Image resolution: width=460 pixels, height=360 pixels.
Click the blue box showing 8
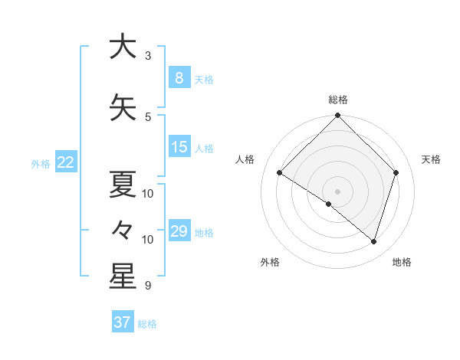pos(179,78)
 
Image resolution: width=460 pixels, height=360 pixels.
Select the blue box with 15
pos(179,147)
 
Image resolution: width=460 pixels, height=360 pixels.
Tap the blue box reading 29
pos(179,231)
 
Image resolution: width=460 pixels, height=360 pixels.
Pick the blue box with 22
pos(66,162)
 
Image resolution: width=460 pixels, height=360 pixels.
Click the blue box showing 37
pos(123,322)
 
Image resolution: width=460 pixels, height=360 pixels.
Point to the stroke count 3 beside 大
pos(148,56)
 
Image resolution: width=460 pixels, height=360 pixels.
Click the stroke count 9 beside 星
pos(148,286)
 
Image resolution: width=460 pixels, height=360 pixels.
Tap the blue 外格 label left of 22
pos(40,163)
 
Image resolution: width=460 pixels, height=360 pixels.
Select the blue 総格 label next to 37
pos(147,324)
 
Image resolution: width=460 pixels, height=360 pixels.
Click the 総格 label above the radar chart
pos(337,100)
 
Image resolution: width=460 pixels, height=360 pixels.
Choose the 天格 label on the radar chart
pos(431,159)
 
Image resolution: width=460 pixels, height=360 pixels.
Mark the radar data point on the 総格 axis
pos(337,116)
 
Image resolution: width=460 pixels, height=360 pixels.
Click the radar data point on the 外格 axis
pos(328,205)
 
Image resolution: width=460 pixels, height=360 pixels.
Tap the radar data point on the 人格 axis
pos(280,173)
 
